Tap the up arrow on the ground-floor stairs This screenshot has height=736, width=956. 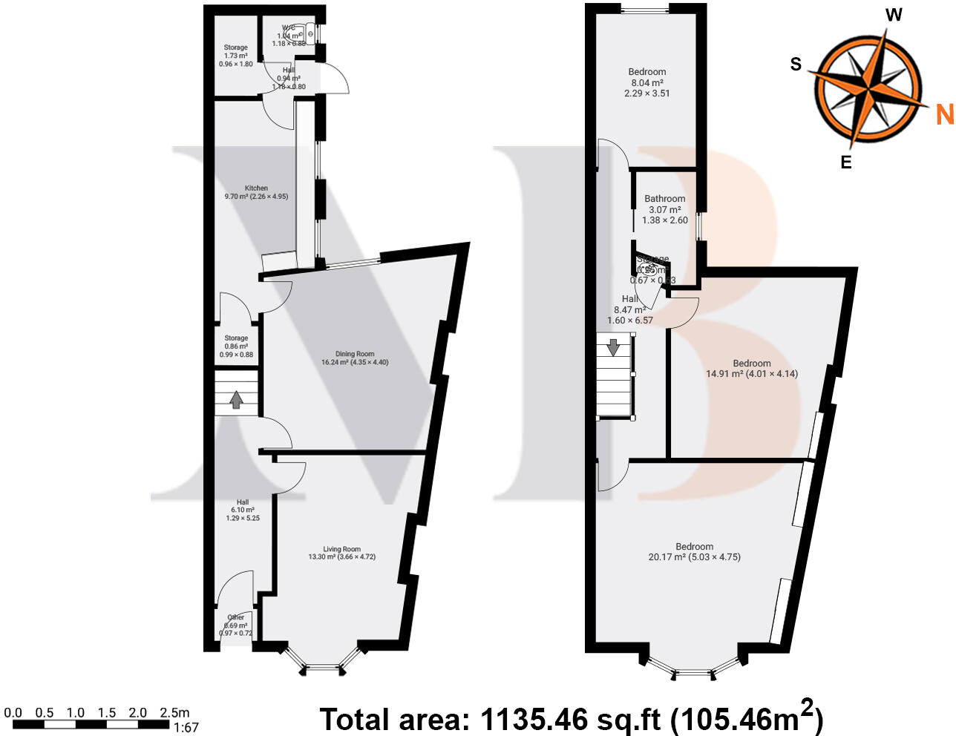pos(236,400)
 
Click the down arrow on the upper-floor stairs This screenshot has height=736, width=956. pos(614,347)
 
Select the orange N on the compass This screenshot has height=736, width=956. pos(944,114)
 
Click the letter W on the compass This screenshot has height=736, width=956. pos(894,15)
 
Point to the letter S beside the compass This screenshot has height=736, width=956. pos(796,65)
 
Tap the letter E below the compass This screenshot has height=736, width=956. pos(845,162)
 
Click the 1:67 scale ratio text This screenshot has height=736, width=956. pos(186,728)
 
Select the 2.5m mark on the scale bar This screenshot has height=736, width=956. pos(175,713)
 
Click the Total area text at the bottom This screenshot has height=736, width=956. pos(571,718)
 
